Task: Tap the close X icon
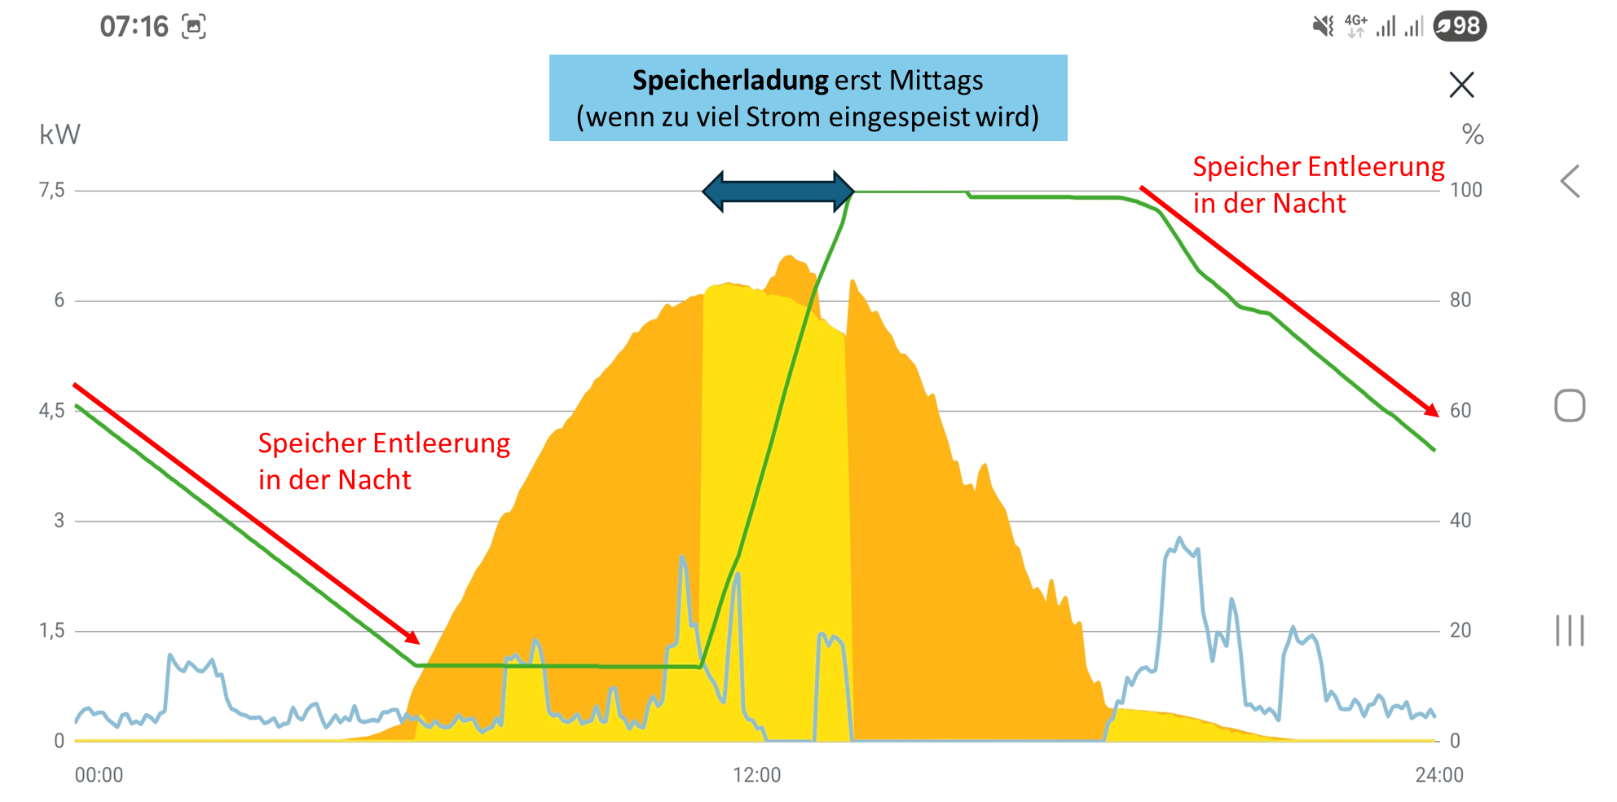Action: [x=1461, y=85]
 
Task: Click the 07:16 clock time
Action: [x=134, y=27]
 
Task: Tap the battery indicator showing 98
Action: [x=1460, y=26]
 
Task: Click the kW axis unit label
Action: [x=59, y=134]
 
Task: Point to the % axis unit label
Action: [x=1472, y=134]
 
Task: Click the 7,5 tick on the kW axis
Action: [x=52, y=191]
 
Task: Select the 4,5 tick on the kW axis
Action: [x=52, y=411]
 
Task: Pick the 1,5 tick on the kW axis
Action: [x=52, y=631]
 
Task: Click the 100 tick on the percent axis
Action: [x=1465, y=191]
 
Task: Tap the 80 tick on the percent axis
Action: [x=1461, y=301]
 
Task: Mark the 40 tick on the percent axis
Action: [x=1461, y=521]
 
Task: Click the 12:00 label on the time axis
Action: [x=756, y=775]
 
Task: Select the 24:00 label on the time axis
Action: [x=1439, y=775]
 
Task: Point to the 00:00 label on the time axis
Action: [x=99, y=775]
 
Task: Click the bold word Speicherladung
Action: [x=730, y=81]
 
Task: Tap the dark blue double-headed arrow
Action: [x=778, y=192]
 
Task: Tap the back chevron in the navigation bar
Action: [x=1570, y=181]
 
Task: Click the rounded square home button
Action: [x=1570, y=406]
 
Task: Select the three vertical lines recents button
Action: [x=1570, y=631]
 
